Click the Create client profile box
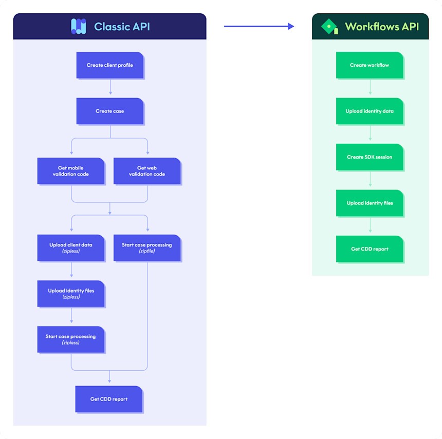109,65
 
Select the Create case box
109,111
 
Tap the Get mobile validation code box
71,171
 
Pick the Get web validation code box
147,171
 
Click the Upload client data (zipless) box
71,248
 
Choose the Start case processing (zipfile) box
147,248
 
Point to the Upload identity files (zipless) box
71,294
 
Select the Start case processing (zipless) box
71,339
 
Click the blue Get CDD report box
109,399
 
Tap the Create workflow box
370,65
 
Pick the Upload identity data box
370,111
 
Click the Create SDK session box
370,157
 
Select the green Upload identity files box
370,203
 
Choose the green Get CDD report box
370,249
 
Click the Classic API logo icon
79,26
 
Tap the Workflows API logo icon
329,26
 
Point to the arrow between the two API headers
259,26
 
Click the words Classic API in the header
122,27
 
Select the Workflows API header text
381,27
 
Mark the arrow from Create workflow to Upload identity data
370,88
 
